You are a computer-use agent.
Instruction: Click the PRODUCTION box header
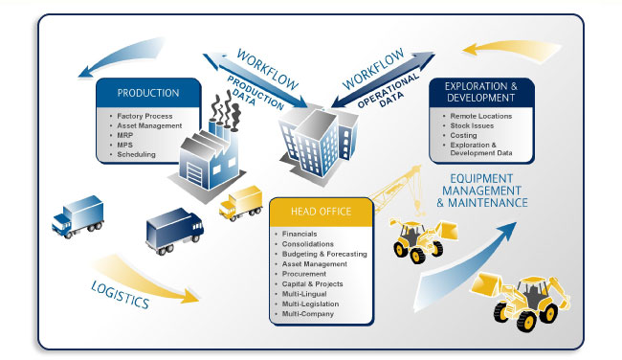click(x=147, y=93)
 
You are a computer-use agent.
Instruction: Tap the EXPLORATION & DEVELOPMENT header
click(x=481, y=92)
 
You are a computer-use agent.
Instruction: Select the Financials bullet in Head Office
click(x=300, y=233)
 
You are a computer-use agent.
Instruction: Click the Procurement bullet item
click(x=304, y=273)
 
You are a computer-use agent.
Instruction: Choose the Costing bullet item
click(x=464, y=135)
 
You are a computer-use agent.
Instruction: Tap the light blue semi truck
click(x=79, y=214)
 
